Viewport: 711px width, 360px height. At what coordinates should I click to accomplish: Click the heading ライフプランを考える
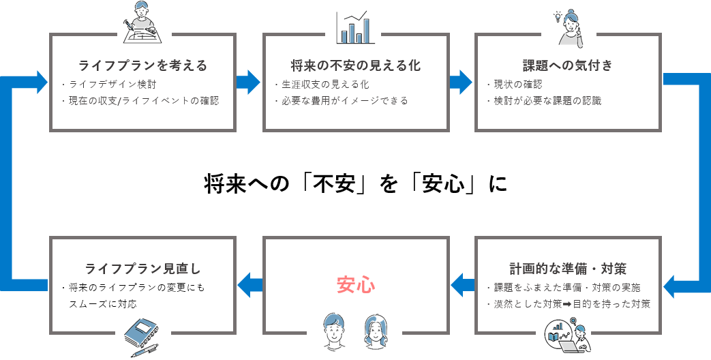pyautogui.click(x=142, y=66)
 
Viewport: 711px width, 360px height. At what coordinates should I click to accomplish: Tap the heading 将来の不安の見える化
pyautogui.click(x=355, y=66)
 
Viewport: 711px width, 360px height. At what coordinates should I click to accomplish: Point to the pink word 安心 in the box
pyautogui.click(x=355, y=285)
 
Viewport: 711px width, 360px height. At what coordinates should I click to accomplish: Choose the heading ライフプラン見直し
pyautogui.click(x=142, y=268)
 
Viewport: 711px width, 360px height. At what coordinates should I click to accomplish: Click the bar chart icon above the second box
pyautogui.click(x=355, y=27)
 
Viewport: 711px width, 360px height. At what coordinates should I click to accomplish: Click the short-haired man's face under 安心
pyautogui.click(x=333, y=330)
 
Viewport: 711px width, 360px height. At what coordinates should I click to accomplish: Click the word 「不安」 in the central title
pyautogui.click(x=333, y=184)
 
